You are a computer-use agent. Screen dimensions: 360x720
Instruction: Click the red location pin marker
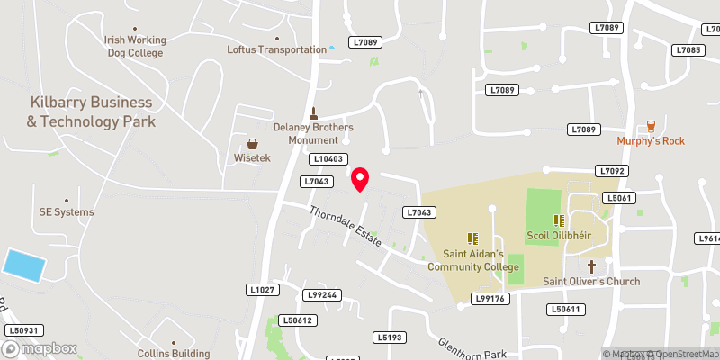360,178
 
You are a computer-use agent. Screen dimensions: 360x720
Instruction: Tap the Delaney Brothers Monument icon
314,113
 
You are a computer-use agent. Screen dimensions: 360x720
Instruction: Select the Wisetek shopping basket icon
253,144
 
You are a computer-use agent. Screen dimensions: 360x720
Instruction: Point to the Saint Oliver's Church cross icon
592,266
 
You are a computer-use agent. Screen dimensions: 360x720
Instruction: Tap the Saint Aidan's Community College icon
471,238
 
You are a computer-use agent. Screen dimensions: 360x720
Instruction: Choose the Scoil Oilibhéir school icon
558,220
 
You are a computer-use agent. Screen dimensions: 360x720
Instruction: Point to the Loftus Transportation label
276,50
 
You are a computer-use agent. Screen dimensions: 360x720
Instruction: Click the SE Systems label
66,212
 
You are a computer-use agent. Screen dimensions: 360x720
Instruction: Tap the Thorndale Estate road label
346,228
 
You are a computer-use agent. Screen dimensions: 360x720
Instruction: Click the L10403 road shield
328,159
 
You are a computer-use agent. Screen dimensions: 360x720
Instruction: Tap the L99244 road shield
322,294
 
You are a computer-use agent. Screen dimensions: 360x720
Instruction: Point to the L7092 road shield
611,171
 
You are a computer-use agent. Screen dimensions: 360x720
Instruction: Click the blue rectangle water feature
23,265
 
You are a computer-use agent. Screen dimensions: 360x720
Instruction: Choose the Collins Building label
173,354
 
